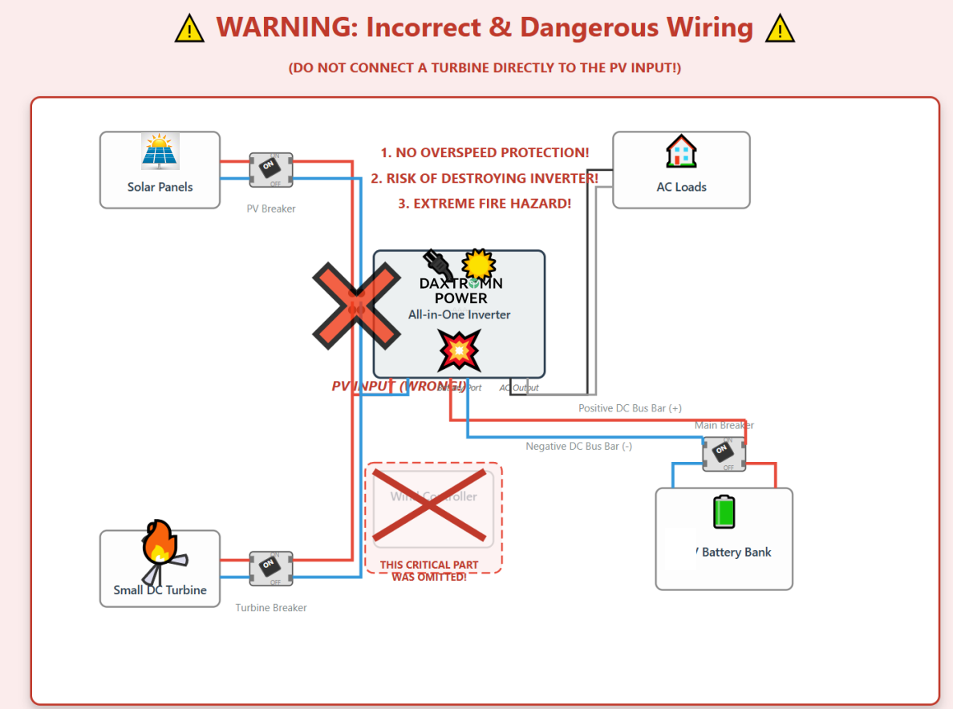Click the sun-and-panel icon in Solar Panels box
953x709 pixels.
coord(160,152)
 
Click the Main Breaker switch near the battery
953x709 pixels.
coord(724,454)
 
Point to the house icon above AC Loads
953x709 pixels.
coord(681,152)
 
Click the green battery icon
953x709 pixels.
coord(724,512)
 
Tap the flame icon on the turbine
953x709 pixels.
coord(159,543)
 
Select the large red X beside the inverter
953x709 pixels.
coord(356,306)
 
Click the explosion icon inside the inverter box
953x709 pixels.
coord(459,350)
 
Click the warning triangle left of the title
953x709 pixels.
coord(189,30)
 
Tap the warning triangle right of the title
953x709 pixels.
coord(779,30)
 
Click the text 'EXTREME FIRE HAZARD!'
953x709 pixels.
coord(485,204)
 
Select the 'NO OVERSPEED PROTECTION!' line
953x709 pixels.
coord(485,152)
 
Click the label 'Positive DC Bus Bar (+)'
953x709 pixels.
coord(630,408)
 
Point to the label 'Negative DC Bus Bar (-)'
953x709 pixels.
coord(578,446)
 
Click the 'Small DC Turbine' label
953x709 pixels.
coord(160,590)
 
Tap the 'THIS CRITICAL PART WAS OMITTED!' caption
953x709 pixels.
coord(429,571)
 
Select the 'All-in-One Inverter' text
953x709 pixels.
coord(459,314)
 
